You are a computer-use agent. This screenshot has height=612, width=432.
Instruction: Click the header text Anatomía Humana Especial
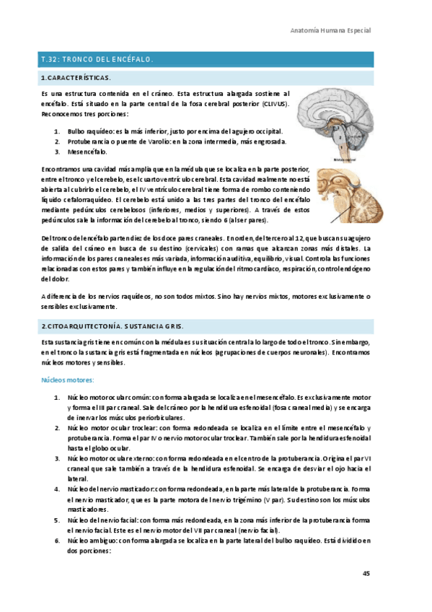click(x=330, y=31)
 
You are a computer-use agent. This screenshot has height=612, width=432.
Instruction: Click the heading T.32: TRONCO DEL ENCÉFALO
click(x=97, y=58)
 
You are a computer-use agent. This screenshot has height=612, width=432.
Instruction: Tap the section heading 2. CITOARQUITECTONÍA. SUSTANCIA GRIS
click(x=112, y=326)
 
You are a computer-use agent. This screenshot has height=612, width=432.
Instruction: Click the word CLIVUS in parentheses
click(x=275, y=104)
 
